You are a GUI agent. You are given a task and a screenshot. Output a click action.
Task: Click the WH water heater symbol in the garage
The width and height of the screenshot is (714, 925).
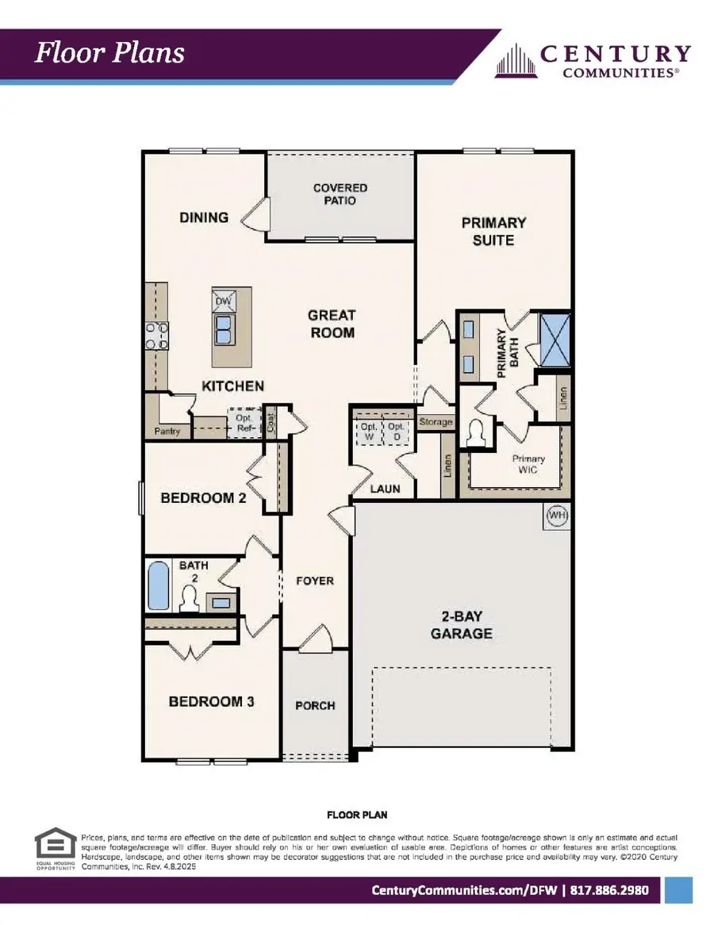pos(558,516)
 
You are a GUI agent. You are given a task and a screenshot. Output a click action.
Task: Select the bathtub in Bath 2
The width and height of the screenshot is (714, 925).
pos(159,586)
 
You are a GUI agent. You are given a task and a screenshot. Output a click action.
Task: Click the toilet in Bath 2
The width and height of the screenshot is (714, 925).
pos(190,599)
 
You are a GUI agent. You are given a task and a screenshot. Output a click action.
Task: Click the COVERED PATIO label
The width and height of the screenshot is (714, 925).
pos(340,194)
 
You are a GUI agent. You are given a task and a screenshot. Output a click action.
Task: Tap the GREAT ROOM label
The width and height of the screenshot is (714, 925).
pos(332,324)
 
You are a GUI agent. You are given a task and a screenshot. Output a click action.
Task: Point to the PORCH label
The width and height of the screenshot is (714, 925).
pos(315,705)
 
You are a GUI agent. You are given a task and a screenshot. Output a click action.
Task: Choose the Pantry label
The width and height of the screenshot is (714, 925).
pos(167,432)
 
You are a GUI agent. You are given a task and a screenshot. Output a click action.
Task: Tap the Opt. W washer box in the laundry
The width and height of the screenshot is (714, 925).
pos(368,432)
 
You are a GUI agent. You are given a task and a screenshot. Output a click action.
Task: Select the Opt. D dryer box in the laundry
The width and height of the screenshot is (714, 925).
pos(397,432)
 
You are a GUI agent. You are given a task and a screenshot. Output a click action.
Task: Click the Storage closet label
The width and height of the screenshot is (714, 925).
pos(436,422)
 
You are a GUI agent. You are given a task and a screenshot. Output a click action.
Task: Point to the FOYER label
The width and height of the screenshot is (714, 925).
pos(315,581)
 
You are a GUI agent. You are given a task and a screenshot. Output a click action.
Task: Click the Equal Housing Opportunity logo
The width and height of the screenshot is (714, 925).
pos(56,851)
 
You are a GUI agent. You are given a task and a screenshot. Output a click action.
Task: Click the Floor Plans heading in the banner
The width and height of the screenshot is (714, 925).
pos(109,53)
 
